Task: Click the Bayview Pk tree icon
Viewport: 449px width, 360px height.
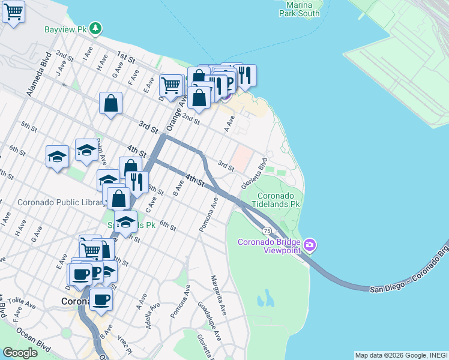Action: (x=95, y=29)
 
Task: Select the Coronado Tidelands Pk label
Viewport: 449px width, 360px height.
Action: (x=279, y=200)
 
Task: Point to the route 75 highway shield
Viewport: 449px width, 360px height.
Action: (x=266, y=230)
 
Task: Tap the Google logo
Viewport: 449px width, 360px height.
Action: (x=20, y=353)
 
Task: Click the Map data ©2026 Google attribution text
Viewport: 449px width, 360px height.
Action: (x=401, y=355)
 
